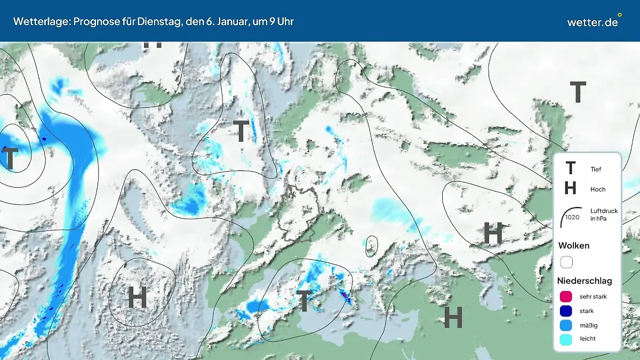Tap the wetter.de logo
click(593, 22)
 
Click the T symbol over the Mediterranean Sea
click(303, 301)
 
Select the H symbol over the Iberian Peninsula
click(137, 297)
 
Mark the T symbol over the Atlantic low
click(10, 158)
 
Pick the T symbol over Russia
click(578, 92)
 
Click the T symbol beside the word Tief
click(570, 169)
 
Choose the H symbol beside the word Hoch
click(570, 188)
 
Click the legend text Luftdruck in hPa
click(604, 214)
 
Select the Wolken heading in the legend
click(573, 246)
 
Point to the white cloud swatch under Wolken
click(566, 262)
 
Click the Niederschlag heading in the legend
click(585, 281)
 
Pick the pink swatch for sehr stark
click(566, 297)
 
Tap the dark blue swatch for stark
click(566, 311)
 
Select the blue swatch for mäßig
click(566, 325)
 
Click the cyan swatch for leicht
click(566, 339)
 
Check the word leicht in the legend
click(587, 339)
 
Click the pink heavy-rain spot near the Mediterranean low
click(344, 293)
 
